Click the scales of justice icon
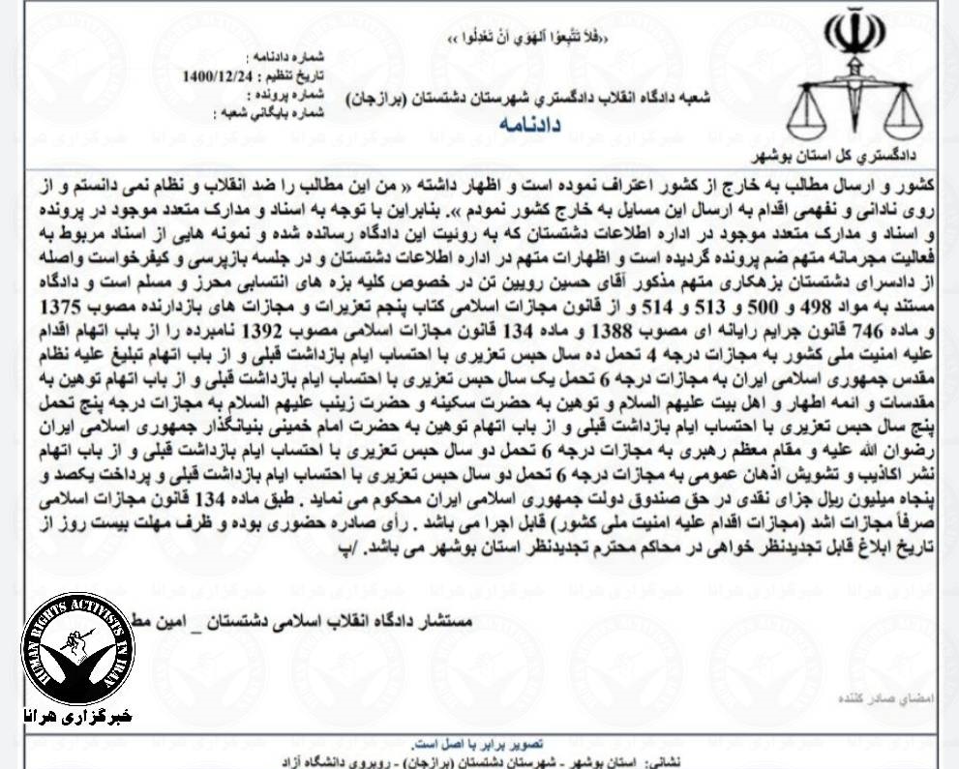pos(854,106)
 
